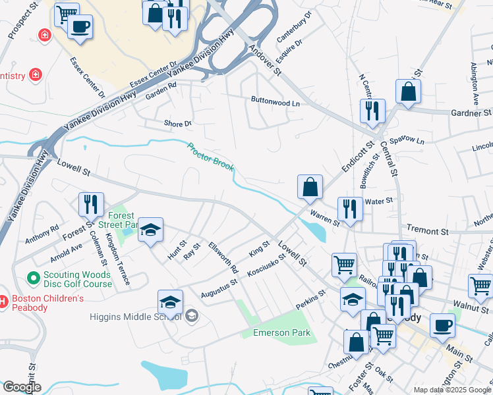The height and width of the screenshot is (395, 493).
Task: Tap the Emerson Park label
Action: pos(282,332)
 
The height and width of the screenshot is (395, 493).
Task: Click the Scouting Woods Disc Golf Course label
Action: pos(78,280)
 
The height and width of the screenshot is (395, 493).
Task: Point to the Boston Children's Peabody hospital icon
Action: pos(3,302)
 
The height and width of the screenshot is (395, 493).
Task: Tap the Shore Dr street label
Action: pos(177,123)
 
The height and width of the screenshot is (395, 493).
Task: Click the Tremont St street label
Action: pos(427,231)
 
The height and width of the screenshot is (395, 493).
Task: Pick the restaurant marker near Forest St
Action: pos(91,204)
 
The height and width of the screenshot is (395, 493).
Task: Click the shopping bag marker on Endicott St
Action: pos(310,187)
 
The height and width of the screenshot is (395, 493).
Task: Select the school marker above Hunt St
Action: pos(151,230)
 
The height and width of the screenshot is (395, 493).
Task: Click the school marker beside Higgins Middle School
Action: pos(170,302)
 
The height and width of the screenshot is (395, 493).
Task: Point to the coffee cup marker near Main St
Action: pos(442,325)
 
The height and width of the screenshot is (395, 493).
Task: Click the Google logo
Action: pos(22,387)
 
